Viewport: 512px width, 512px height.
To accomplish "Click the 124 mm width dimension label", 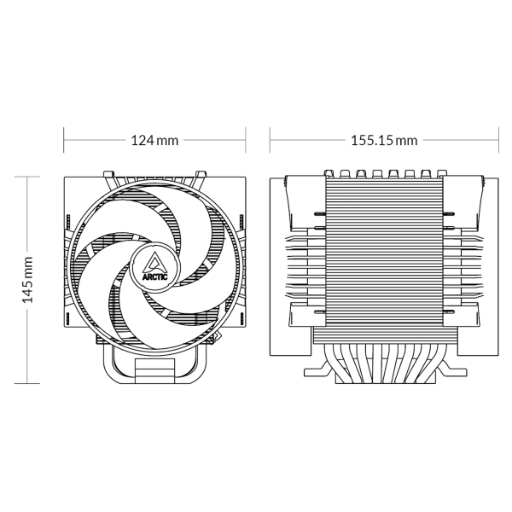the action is coord(154,141).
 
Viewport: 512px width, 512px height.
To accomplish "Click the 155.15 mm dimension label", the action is coord(384,141).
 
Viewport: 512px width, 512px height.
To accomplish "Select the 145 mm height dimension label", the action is coord(27,280).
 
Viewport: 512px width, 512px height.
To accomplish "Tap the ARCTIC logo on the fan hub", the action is coord(154,265).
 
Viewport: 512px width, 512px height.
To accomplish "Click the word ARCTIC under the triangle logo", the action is coord(154,277).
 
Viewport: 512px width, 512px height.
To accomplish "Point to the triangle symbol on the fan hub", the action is coord(154,262).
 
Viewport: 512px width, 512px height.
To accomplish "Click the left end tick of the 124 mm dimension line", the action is coord(64,140).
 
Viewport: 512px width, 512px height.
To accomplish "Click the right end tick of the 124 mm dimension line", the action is coord(246,140).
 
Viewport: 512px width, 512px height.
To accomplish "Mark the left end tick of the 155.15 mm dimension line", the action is coord(270,140).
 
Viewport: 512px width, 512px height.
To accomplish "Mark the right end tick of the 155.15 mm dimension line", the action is coord(498,140).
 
